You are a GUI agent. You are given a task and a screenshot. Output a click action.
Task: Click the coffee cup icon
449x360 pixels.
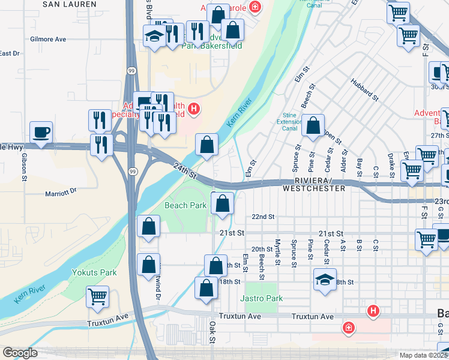41,133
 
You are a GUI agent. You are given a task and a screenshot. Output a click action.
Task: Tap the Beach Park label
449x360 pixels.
185,205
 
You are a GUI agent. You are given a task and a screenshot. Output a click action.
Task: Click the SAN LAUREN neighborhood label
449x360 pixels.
69,4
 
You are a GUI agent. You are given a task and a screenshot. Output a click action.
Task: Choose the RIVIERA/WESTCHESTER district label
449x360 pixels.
320,184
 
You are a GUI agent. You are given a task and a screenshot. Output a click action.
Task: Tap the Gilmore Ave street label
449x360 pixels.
47,39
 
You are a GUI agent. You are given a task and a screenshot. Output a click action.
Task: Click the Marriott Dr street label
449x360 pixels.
61,193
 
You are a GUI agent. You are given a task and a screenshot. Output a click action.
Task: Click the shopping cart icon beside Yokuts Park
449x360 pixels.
97,295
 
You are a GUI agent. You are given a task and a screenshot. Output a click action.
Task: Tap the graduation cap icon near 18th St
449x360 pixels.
325,280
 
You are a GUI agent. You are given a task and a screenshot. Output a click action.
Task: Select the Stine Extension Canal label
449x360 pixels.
289,121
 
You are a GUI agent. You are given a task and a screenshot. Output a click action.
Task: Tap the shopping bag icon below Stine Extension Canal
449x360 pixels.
313,126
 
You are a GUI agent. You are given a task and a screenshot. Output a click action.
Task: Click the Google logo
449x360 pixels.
19,353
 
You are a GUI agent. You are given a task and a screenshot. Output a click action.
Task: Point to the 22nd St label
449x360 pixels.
263,217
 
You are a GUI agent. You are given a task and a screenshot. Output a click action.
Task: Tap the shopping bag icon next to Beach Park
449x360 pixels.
222,203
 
